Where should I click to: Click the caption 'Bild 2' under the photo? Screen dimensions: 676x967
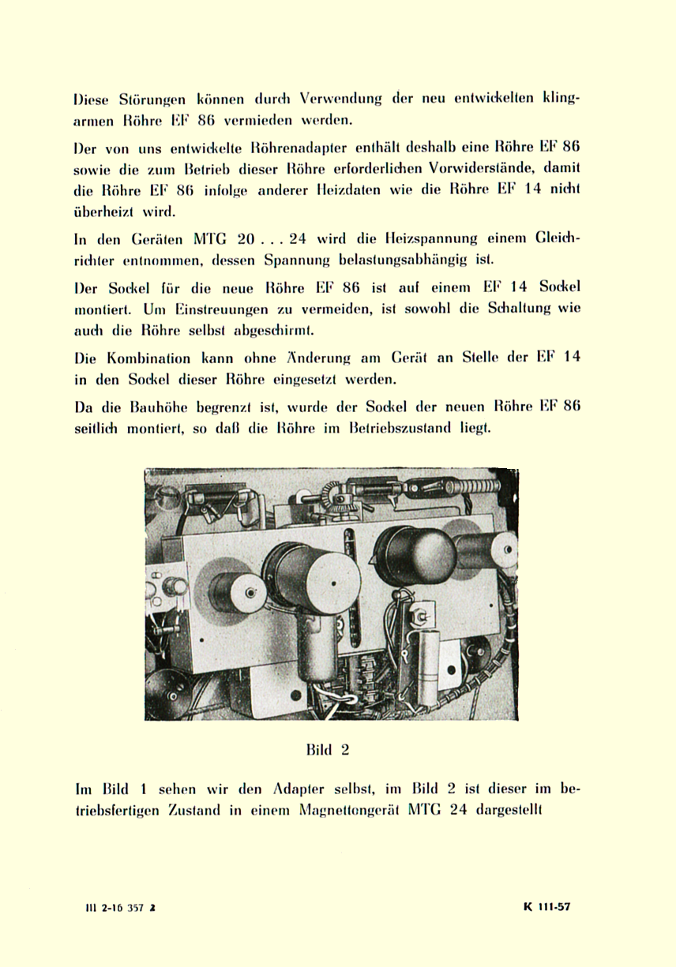pyautogui.click(x=327, y=750)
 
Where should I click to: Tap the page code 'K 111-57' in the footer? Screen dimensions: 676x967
pyautogui.click(x=546, y=906)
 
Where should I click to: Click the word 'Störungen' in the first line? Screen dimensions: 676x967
pyautogui.click(x=152, y=100)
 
